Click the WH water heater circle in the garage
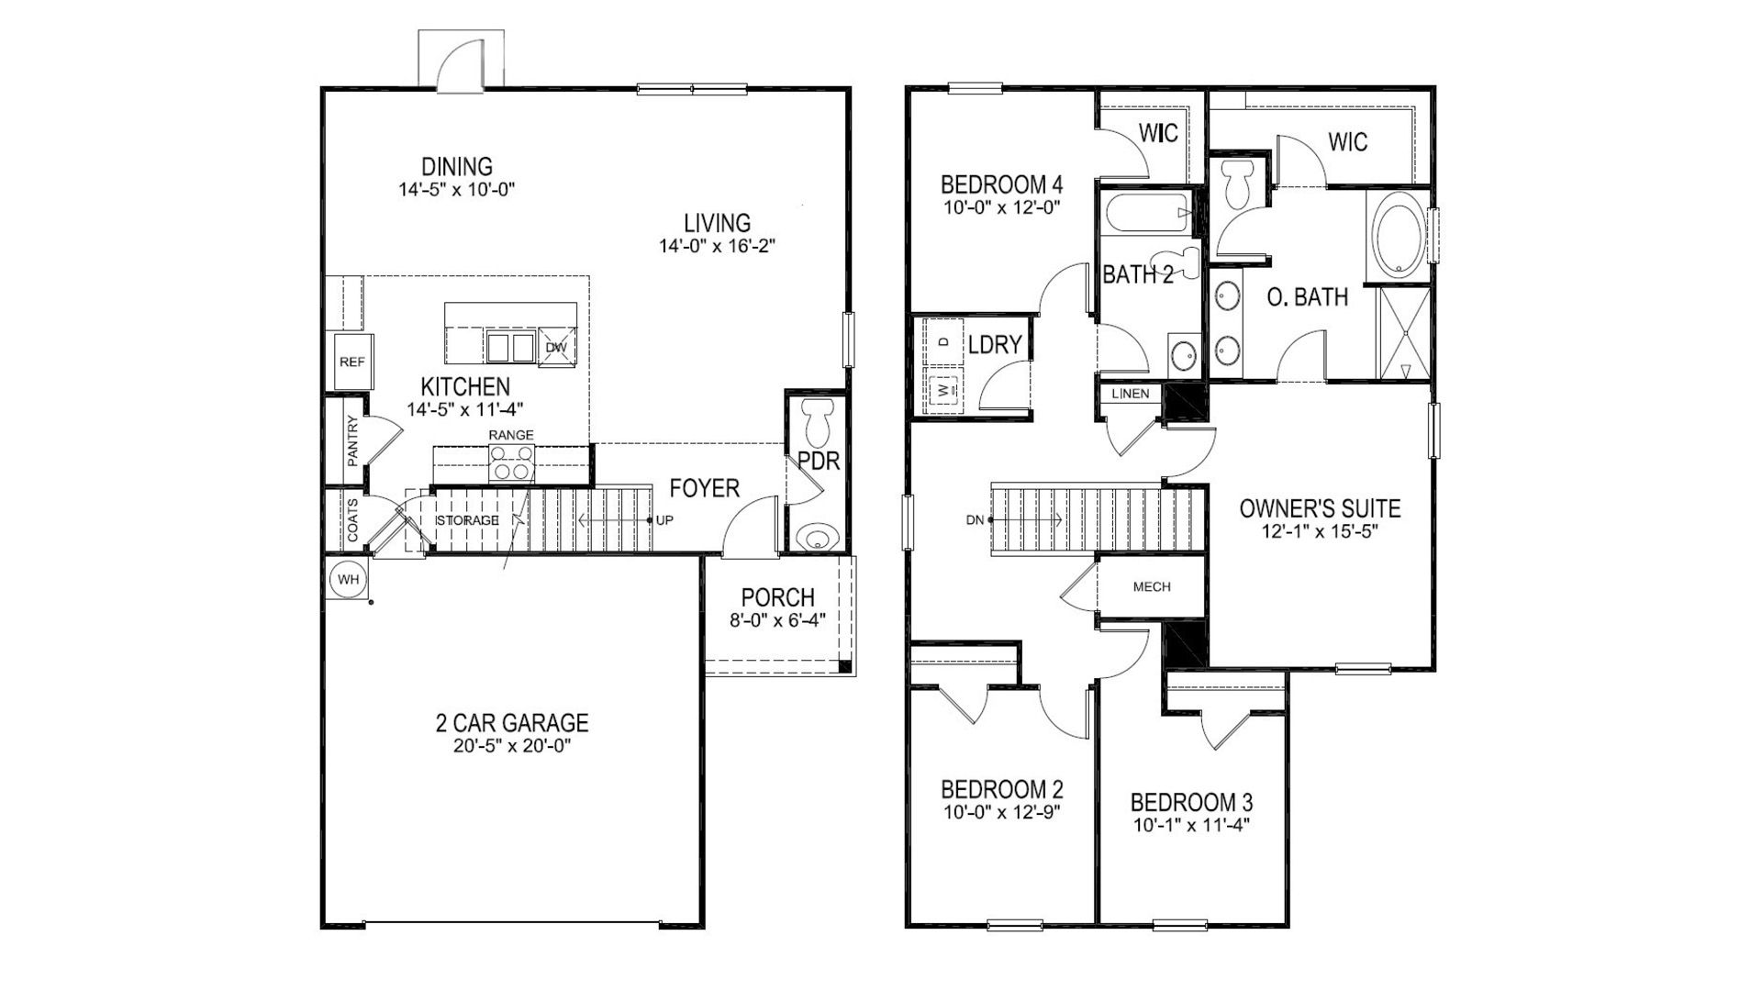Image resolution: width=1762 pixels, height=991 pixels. point(347,580)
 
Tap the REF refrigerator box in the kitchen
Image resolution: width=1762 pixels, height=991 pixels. point(351,362)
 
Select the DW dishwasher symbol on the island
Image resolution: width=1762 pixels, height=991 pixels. point(556,348)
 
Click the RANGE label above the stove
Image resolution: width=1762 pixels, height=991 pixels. point(511,434)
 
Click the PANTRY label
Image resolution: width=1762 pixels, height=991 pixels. point(352,441)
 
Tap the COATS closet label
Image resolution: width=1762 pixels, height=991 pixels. point(352,520)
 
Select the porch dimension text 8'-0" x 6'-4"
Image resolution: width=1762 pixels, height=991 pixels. point(777,619)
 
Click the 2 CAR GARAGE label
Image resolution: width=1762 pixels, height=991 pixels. point(511,723)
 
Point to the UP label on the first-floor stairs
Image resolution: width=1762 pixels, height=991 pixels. point(664,520)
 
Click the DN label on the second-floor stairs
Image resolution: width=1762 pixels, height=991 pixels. point(975,520)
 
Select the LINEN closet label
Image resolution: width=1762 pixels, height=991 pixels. point(1130,394)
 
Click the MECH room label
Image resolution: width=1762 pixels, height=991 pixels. point(1152,587)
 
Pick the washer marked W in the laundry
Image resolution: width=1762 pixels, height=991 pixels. point(943,390)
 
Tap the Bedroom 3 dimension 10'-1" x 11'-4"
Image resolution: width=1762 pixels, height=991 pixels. point(1190,824)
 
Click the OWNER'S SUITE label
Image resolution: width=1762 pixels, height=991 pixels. point(1320,508)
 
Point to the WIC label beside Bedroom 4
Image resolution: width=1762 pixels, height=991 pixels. point(1158,134)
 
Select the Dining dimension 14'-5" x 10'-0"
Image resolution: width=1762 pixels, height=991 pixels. point(457,190)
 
